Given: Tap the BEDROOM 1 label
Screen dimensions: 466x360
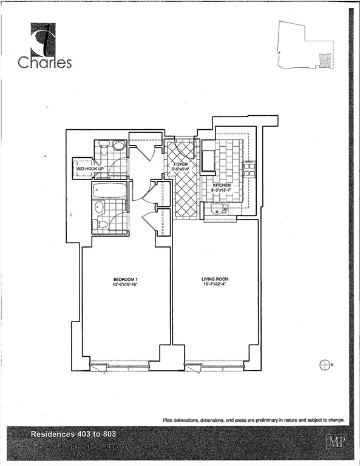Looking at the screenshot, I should point(126,279).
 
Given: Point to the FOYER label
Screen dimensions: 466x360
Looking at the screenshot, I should point(181,164).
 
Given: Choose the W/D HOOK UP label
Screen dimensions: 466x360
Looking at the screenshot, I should point(89,168).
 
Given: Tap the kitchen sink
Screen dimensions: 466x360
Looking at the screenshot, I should point(217,210).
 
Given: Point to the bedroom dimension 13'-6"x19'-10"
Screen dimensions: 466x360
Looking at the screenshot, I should point(126,285).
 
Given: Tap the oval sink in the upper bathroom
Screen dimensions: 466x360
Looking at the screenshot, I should point(118,146).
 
